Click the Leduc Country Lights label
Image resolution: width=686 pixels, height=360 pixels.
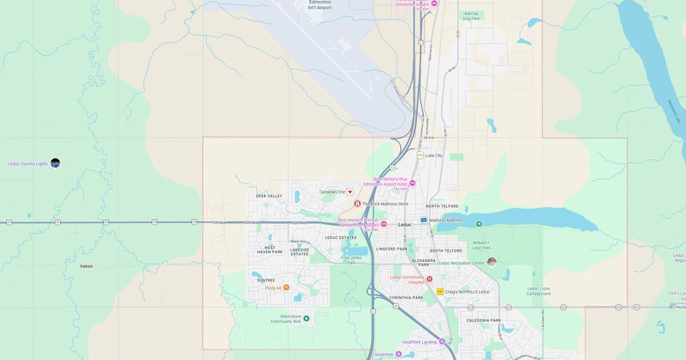(27, 164)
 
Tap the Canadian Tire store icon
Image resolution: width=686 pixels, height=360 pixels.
(350, 192)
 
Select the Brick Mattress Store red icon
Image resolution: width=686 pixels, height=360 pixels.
(357, 203)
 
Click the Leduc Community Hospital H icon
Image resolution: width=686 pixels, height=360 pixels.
(429, 279)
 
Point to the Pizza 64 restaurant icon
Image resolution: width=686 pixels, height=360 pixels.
(286, 287)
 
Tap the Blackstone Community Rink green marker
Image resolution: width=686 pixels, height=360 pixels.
(306, 318)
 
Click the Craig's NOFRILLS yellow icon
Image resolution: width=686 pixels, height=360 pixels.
(440, 291)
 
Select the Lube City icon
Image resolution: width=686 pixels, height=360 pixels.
(420, 155)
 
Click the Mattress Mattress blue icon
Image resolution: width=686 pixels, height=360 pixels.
(424, 220)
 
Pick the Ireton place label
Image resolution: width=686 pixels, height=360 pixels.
(86, 266)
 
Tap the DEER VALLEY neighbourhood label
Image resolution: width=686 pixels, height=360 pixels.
(269, 196)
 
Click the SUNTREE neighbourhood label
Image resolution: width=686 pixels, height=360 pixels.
(266, 281)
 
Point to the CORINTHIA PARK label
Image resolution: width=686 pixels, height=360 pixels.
(406, 298)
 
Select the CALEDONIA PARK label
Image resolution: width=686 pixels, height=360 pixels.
(484, 321)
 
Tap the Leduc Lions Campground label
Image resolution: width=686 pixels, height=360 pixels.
(538, 291)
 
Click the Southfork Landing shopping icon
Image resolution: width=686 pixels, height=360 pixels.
(442, 342)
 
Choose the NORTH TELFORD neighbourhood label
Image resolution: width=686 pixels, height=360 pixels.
(442, 206)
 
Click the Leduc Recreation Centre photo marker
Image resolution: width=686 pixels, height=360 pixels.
(492, 262)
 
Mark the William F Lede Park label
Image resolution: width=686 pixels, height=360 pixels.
(481, 245)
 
